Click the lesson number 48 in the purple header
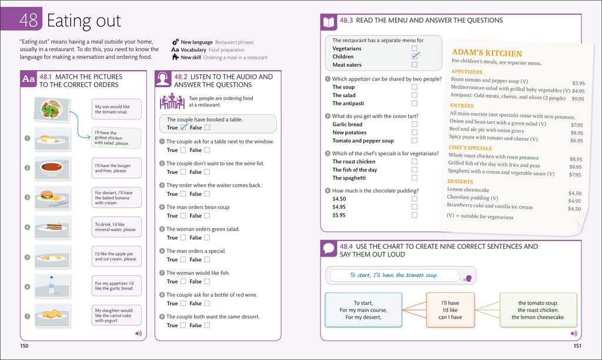(x=28, y=21)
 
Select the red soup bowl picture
(x=52, y=168)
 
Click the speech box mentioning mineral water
(x=116, y=226)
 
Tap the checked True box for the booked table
(x=183, y=128)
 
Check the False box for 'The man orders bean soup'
(x=206, y=216)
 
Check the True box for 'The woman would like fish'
(x=183, y=282)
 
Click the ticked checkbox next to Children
(x=415, y=56)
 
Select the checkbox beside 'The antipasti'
(x=414, y=104)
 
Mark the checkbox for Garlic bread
(x=414, y=124)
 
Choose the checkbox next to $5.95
(x=414, y=215)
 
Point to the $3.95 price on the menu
(x=578, y=84)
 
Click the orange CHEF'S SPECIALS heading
(x=470, y=148)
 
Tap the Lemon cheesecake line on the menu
(x=469, y=190)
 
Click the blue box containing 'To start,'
(x=363, y=310)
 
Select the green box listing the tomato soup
(x=537, y=310)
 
